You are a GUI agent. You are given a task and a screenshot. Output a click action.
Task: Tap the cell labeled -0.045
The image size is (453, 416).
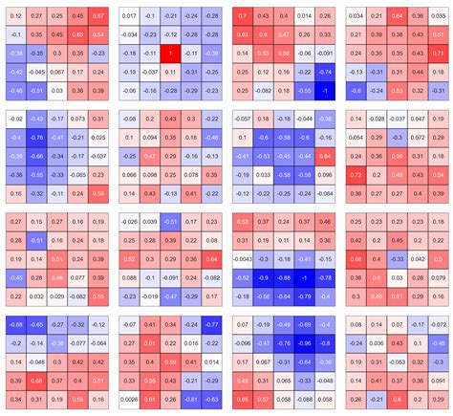click(35, 72)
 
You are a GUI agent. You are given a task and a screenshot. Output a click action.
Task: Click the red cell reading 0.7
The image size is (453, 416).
click(243, 16)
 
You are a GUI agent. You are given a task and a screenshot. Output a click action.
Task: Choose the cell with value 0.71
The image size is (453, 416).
click(439, 54)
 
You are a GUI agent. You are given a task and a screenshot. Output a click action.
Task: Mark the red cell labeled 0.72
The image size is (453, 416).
click(356, 176)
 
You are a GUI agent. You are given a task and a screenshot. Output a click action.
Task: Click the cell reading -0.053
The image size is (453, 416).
click(398, 361)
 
